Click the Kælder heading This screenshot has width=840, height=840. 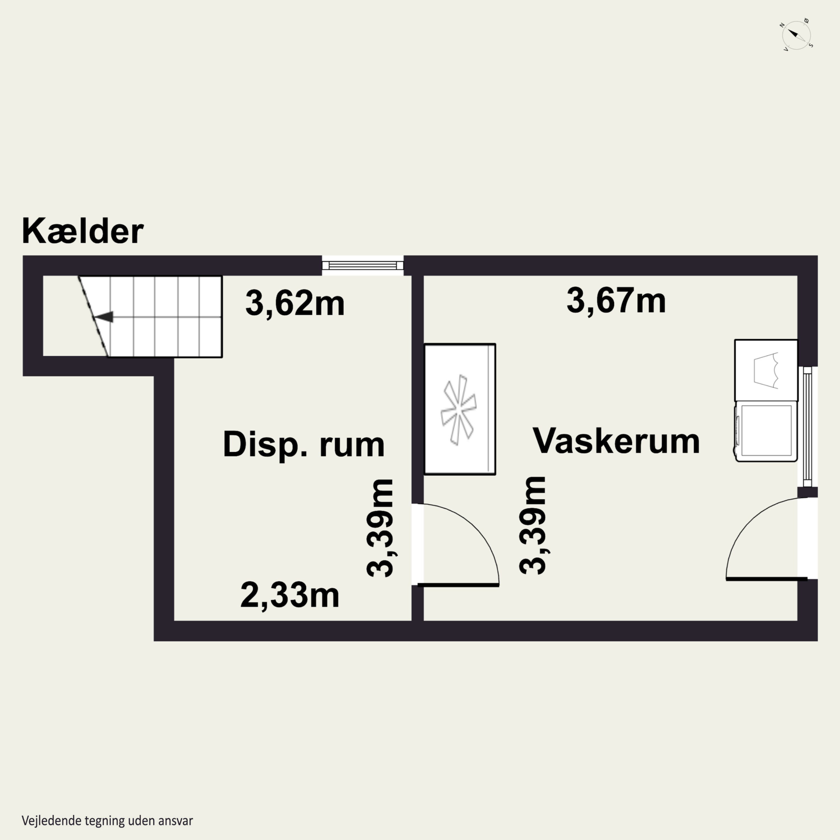pos(83,231)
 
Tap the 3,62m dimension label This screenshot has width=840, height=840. pos(295,304)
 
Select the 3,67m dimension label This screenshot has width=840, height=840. pos(616,301)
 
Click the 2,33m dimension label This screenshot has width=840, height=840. pos(290,596)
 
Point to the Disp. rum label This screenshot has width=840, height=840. pos(304,444)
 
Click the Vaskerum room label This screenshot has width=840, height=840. pos(616,441)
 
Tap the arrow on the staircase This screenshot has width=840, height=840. pos(104,317)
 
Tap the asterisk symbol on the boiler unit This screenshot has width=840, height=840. pos(458,410)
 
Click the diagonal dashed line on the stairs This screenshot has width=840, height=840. pos(93,316)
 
